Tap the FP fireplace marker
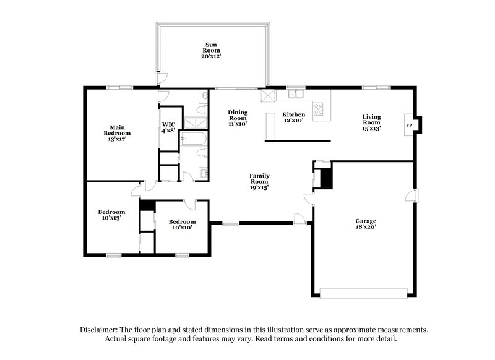409,125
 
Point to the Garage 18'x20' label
366,225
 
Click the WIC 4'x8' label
168,127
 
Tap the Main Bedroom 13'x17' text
116,133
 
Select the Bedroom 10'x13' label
112,215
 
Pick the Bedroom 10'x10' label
183,225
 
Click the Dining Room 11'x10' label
238,118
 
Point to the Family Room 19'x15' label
259,182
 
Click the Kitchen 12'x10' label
293,118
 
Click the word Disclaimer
101,330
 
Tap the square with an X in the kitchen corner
268,95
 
